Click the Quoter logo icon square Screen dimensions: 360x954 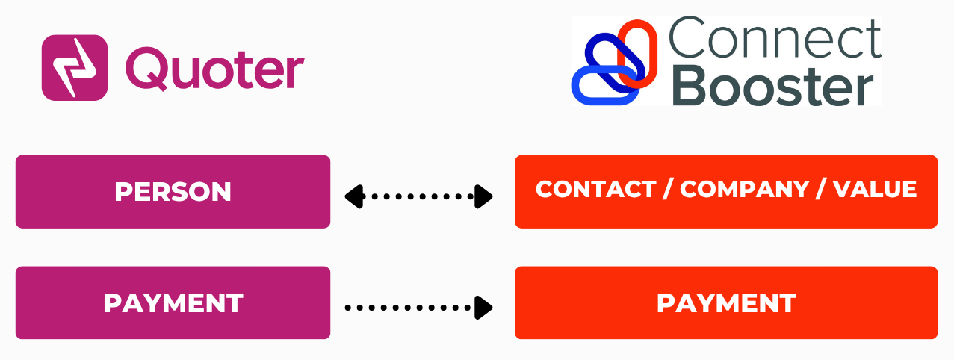pos(75,67)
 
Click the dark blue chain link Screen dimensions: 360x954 pos(607,58)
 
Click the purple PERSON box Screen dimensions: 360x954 pos(173,192)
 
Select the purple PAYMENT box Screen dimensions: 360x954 pos(173,302)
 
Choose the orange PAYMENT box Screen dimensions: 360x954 pos(725,302)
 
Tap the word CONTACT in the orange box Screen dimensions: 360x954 pos(595,190)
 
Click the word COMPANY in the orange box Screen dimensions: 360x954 pos(744,190)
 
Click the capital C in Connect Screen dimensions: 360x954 pos(687,40)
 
